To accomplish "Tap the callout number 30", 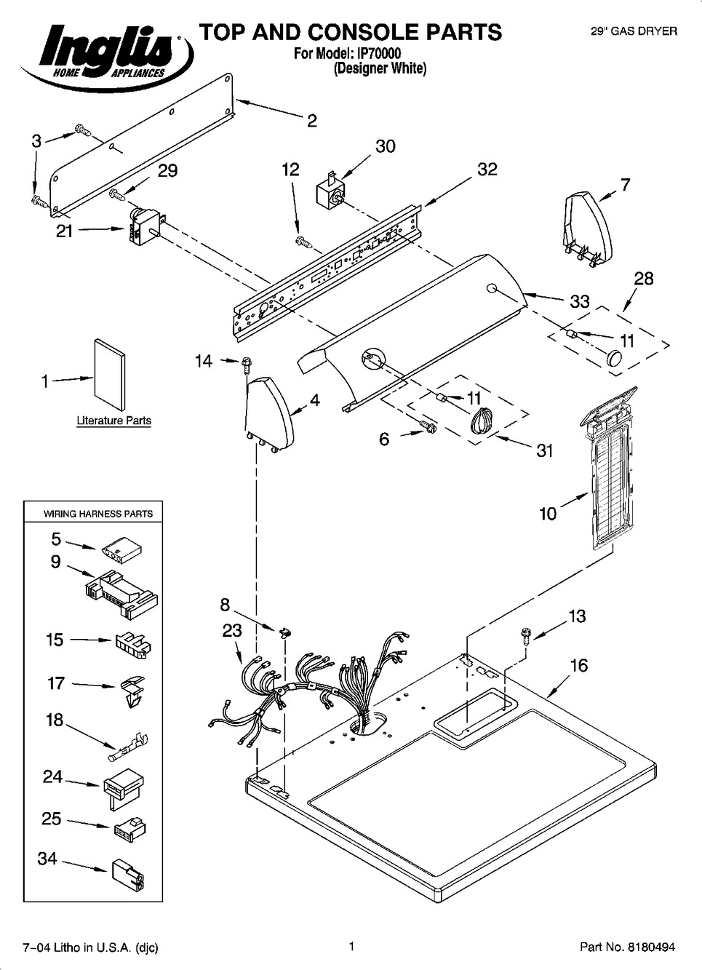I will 385,146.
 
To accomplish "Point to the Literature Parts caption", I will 114,421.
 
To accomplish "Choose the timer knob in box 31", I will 481,421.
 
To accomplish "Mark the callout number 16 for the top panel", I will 579,665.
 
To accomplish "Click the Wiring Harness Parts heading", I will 98,514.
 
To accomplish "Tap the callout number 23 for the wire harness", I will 232,630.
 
